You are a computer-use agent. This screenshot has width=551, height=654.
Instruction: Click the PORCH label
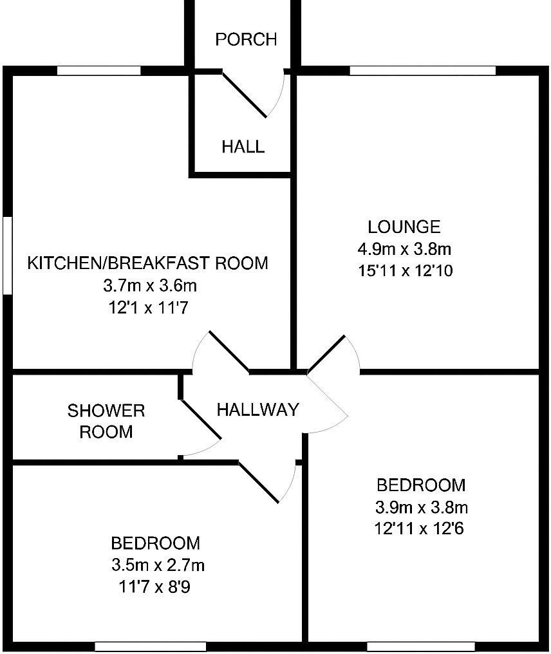point(246,40)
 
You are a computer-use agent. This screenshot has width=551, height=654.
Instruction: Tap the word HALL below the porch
point(243,147)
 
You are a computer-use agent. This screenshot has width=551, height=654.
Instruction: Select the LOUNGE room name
point(404,227)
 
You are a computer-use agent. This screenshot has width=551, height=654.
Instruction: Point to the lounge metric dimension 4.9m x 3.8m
point(404,248)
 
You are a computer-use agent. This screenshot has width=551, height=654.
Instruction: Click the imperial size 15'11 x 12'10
point(405,270)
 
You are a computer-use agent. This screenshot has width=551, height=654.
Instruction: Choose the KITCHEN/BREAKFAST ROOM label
point(147,263)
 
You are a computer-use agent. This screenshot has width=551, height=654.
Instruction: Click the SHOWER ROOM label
point(106,421)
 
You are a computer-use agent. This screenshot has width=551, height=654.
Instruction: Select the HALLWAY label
point(257,409)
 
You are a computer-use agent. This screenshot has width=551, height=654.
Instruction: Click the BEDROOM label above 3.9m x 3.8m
point(420,485)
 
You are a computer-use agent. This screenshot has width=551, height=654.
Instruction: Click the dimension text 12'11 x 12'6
point(419,528)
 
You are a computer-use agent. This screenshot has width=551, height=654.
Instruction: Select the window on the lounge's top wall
point(422,70)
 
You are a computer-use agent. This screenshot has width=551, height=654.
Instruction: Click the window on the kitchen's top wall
point(98,70)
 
